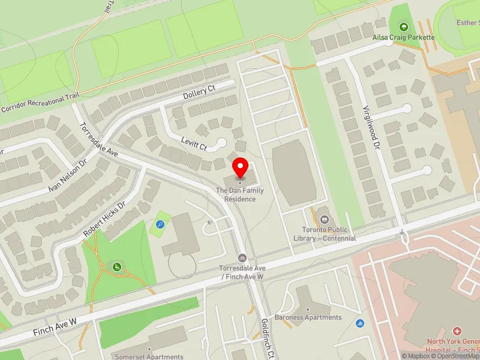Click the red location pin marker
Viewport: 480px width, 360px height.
[241, 167]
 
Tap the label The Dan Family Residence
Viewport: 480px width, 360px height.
[240, 194]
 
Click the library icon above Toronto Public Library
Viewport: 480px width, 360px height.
[325, 219]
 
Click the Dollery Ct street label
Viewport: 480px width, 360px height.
[199, 94]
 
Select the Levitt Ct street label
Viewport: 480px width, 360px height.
[193, 142]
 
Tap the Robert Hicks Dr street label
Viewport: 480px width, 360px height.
[105, 218]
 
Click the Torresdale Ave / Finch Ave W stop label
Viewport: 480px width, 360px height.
[242, 272]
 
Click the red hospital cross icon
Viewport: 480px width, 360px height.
[457, 331]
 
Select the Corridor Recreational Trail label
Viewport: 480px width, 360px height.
[40, 104]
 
